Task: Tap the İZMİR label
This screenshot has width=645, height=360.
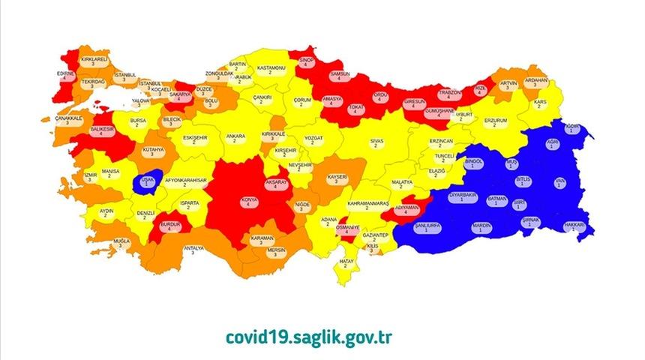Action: (91, 177)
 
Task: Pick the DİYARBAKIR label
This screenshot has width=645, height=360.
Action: (463, 197)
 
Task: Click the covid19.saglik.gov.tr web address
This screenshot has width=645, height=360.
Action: (307, 336)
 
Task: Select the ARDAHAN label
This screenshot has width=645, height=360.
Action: (535, 82)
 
